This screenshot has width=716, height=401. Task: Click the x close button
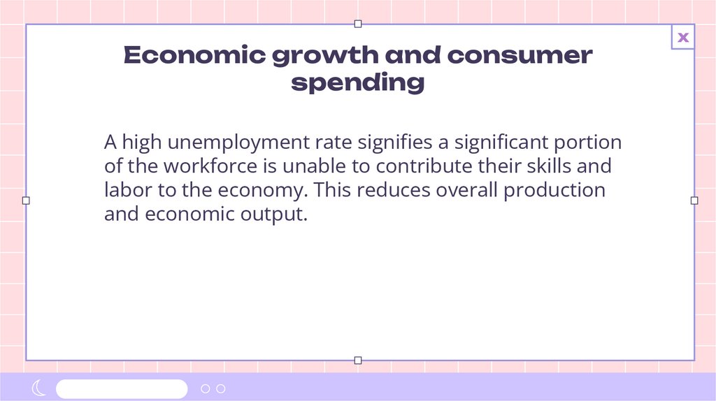coord(683,38)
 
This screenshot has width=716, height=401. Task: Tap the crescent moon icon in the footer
coord(39,388)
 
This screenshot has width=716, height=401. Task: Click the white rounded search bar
coord(122,388)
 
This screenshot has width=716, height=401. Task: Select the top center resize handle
coord(358,24)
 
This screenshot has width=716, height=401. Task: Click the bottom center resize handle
coord(358,360)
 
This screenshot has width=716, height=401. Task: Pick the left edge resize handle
coord(26,200)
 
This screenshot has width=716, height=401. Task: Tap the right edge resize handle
coord(694,200)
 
